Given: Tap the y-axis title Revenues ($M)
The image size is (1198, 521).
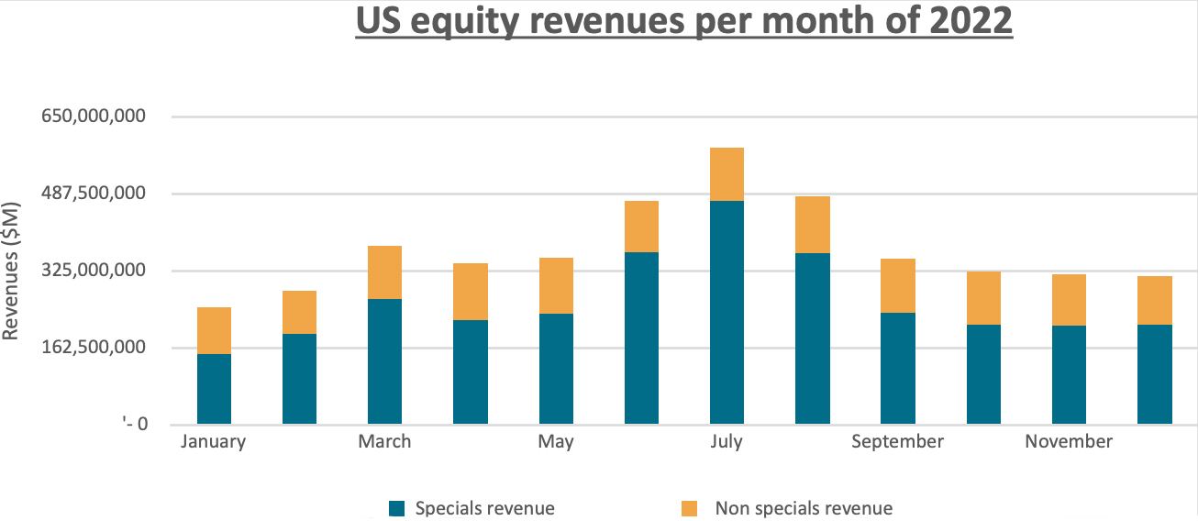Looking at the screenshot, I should [11, 271].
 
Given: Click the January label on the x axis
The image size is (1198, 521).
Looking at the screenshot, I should [214, 441].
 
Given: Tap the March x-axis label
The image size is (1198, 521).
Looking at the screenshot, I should [384, 441].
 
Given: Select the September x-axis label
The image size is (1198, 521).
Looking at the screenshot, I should [897, 441].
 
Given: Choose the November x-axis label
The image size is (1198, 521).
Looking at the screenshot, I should [1069, 441].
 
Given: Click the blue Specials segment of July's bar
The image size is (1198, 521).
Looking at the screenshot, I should [727, 312].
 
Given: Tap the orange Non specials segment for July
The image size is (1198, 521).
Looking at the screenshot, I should [727, 174].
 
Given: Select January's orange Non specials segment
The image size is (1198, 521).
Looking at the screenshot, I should [214, 330].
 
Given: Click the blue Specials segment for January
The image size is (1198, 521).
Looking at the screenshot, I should [214, 389].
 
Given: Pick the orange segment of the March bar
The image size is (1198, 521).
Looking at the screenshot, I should [384, 272].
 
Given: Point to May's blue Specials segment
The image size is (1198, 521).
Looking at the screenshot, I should [556, 369].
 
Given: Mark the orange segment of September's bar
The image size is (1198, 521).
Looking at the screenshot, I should [897, 285].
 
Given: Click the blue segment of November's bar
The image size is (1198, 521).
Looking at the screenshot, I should [1069, 374].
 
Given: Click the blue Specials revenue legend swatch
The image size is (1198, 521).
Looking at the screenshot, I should [396, 508].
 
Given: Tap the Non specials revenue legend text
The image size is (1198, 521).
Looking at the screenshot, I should [804, 508].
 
